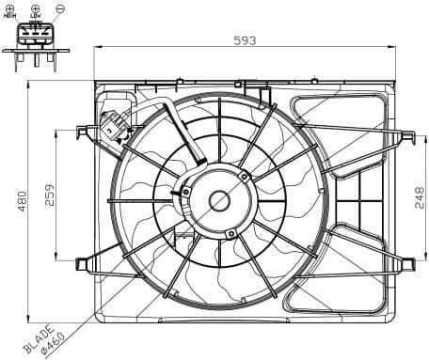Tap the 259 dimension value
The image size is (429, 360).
pyautogui.click(x=50, y=195)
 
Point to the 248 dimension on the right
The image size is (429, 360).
pyautogui.click(x=420, y=198)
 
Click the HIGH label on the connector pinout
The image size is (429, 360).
pyautogui.click(x=10, y=16)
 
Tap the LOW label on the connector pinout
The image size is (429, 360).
pyautogui.click(x=35, y=16)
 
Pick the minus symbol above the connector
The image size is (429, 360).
pyautogui.click(x=59, y=8)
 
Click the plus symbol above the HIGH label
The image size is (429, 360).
pyautogui.click(x=10, y=8)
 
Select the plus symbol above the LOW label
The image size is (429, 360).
pyautogui.click(x=35, y=8)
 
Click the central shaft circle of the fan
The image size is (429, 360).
pyautogui.click(x=219, y=200)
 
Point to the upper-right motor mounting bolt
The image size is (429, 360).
pyautogui.click(x=245, y=176)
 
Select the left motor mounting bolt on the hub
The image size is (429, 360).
pyautogui.click(x=185, y=192)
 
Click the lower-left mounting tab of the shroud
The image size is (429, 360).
pyautogui.click(x=83, y=262)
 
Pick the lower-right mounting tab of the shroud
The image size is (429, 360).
pyautogui.click(x=407, y=263)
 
